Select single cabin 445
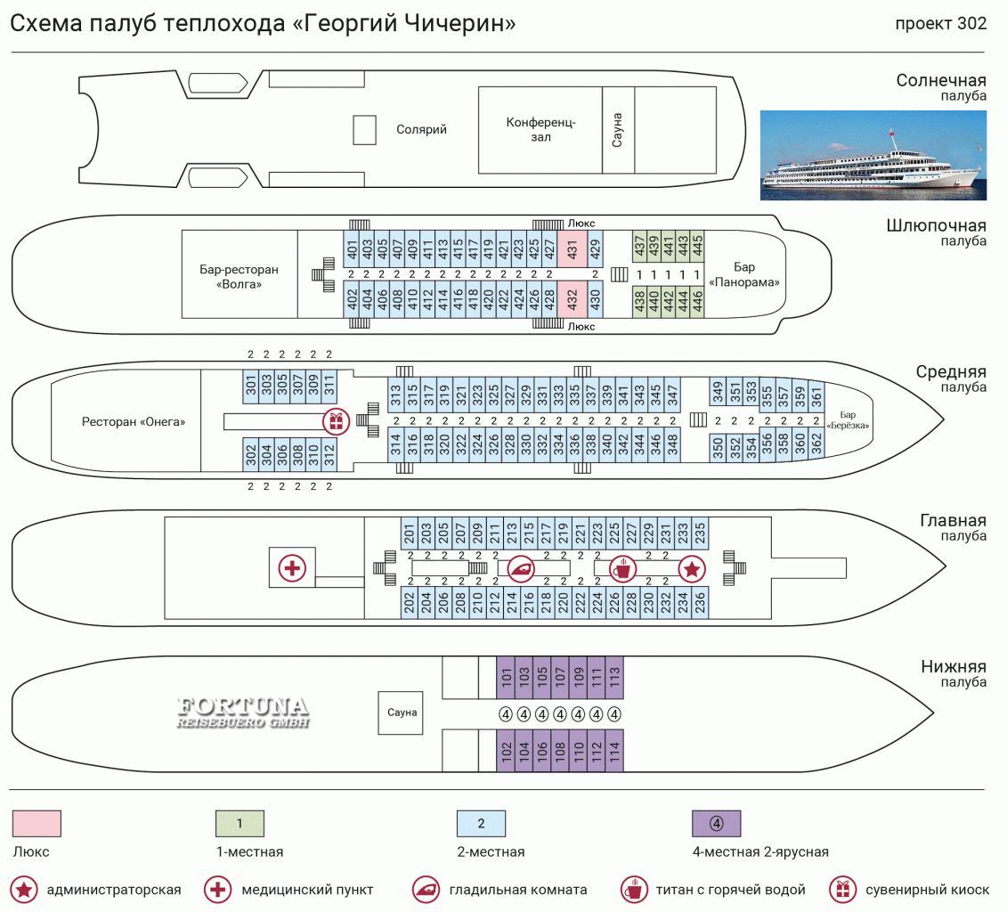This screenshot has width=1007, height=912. [x=698, y=240]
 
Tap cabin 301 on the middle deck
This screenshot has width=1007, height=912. [x=251, y=386]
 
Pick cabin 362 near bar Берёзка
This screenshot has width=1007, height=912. [x=816, y=442]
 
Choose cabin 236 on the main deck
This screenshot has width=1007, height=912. [x=700, y=603]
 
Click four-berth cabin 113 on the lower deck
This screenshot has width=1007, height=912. [x=613, y=678]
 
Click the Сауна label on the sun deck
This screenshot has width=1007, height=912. [x=617, y=130]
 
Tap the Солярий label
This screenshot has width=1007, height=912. [x=421, y=130]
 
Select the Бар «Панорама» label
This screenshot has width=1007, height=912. [x=744, y=274]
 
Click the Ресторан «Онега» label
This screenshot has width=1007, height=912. [x=134, y=421]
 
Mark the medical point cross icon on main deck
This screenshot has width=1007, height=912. [x=292, y=567]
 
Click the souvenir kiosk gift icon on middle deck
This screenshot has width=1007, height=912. [x=336, y=421]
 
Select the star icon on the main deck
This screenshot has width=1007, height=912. [x=692, y=567]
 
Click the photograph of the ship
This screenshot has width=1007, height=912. [x=873, y=155]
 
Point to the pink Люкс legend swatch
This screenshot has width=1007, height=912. [x=37, y=823]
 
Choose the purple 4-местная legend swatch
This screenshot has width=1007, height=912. [x=716, y=823]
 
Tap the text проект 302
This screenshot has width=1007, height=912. [x=940, y=24]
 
